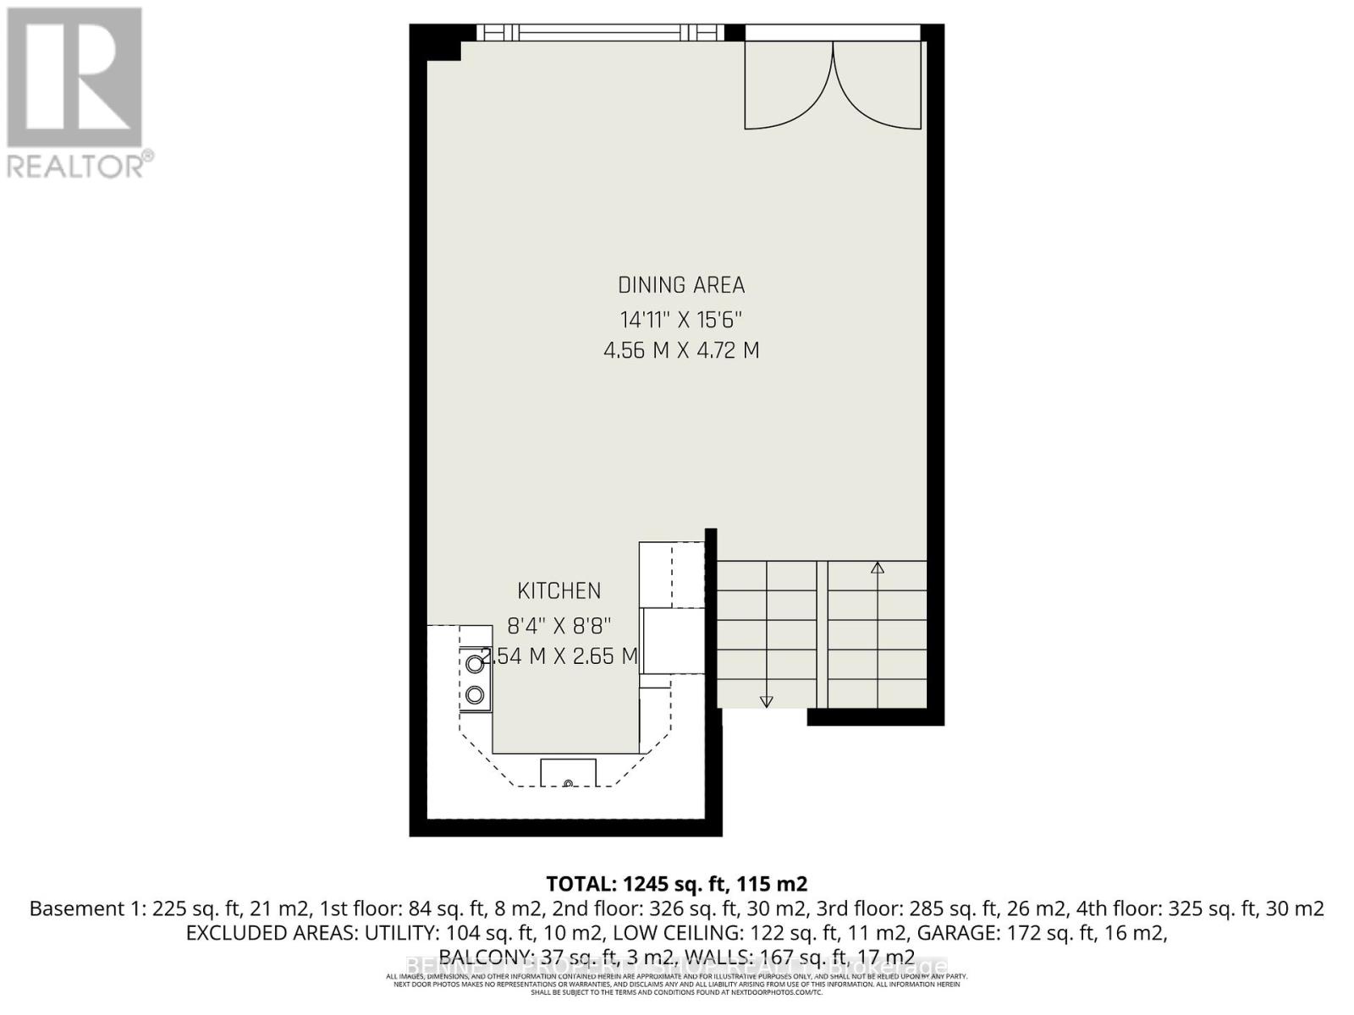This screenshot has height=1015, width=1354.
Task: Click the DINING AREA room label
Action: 680,285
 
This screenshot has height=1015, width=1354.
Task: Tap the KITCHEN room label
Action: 559,590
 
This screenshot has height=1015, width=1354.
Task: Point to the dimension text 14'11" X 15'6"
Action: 680,320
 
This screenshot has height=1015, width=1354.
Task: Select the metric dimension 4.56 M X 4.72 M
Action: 680,349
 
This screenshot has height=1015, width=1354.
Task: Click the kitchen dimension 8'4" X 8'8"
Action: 559,626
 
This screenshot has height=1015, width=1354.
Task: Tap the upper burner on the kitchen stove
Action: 475,664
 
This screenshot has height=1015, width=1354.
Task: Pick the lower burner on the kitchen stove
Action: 475,695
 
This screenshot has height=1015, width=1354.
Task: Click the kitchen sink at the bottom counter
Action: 568,773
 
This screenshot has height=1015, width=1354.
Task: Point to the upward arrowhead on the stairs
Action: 878,568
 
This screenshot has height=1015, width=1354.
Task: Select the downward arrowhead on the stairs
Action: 767,701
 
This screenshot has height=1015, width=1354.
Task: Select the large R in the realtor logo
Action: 74,76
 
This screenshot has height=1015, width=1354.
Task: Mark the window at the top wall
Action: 600,33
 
